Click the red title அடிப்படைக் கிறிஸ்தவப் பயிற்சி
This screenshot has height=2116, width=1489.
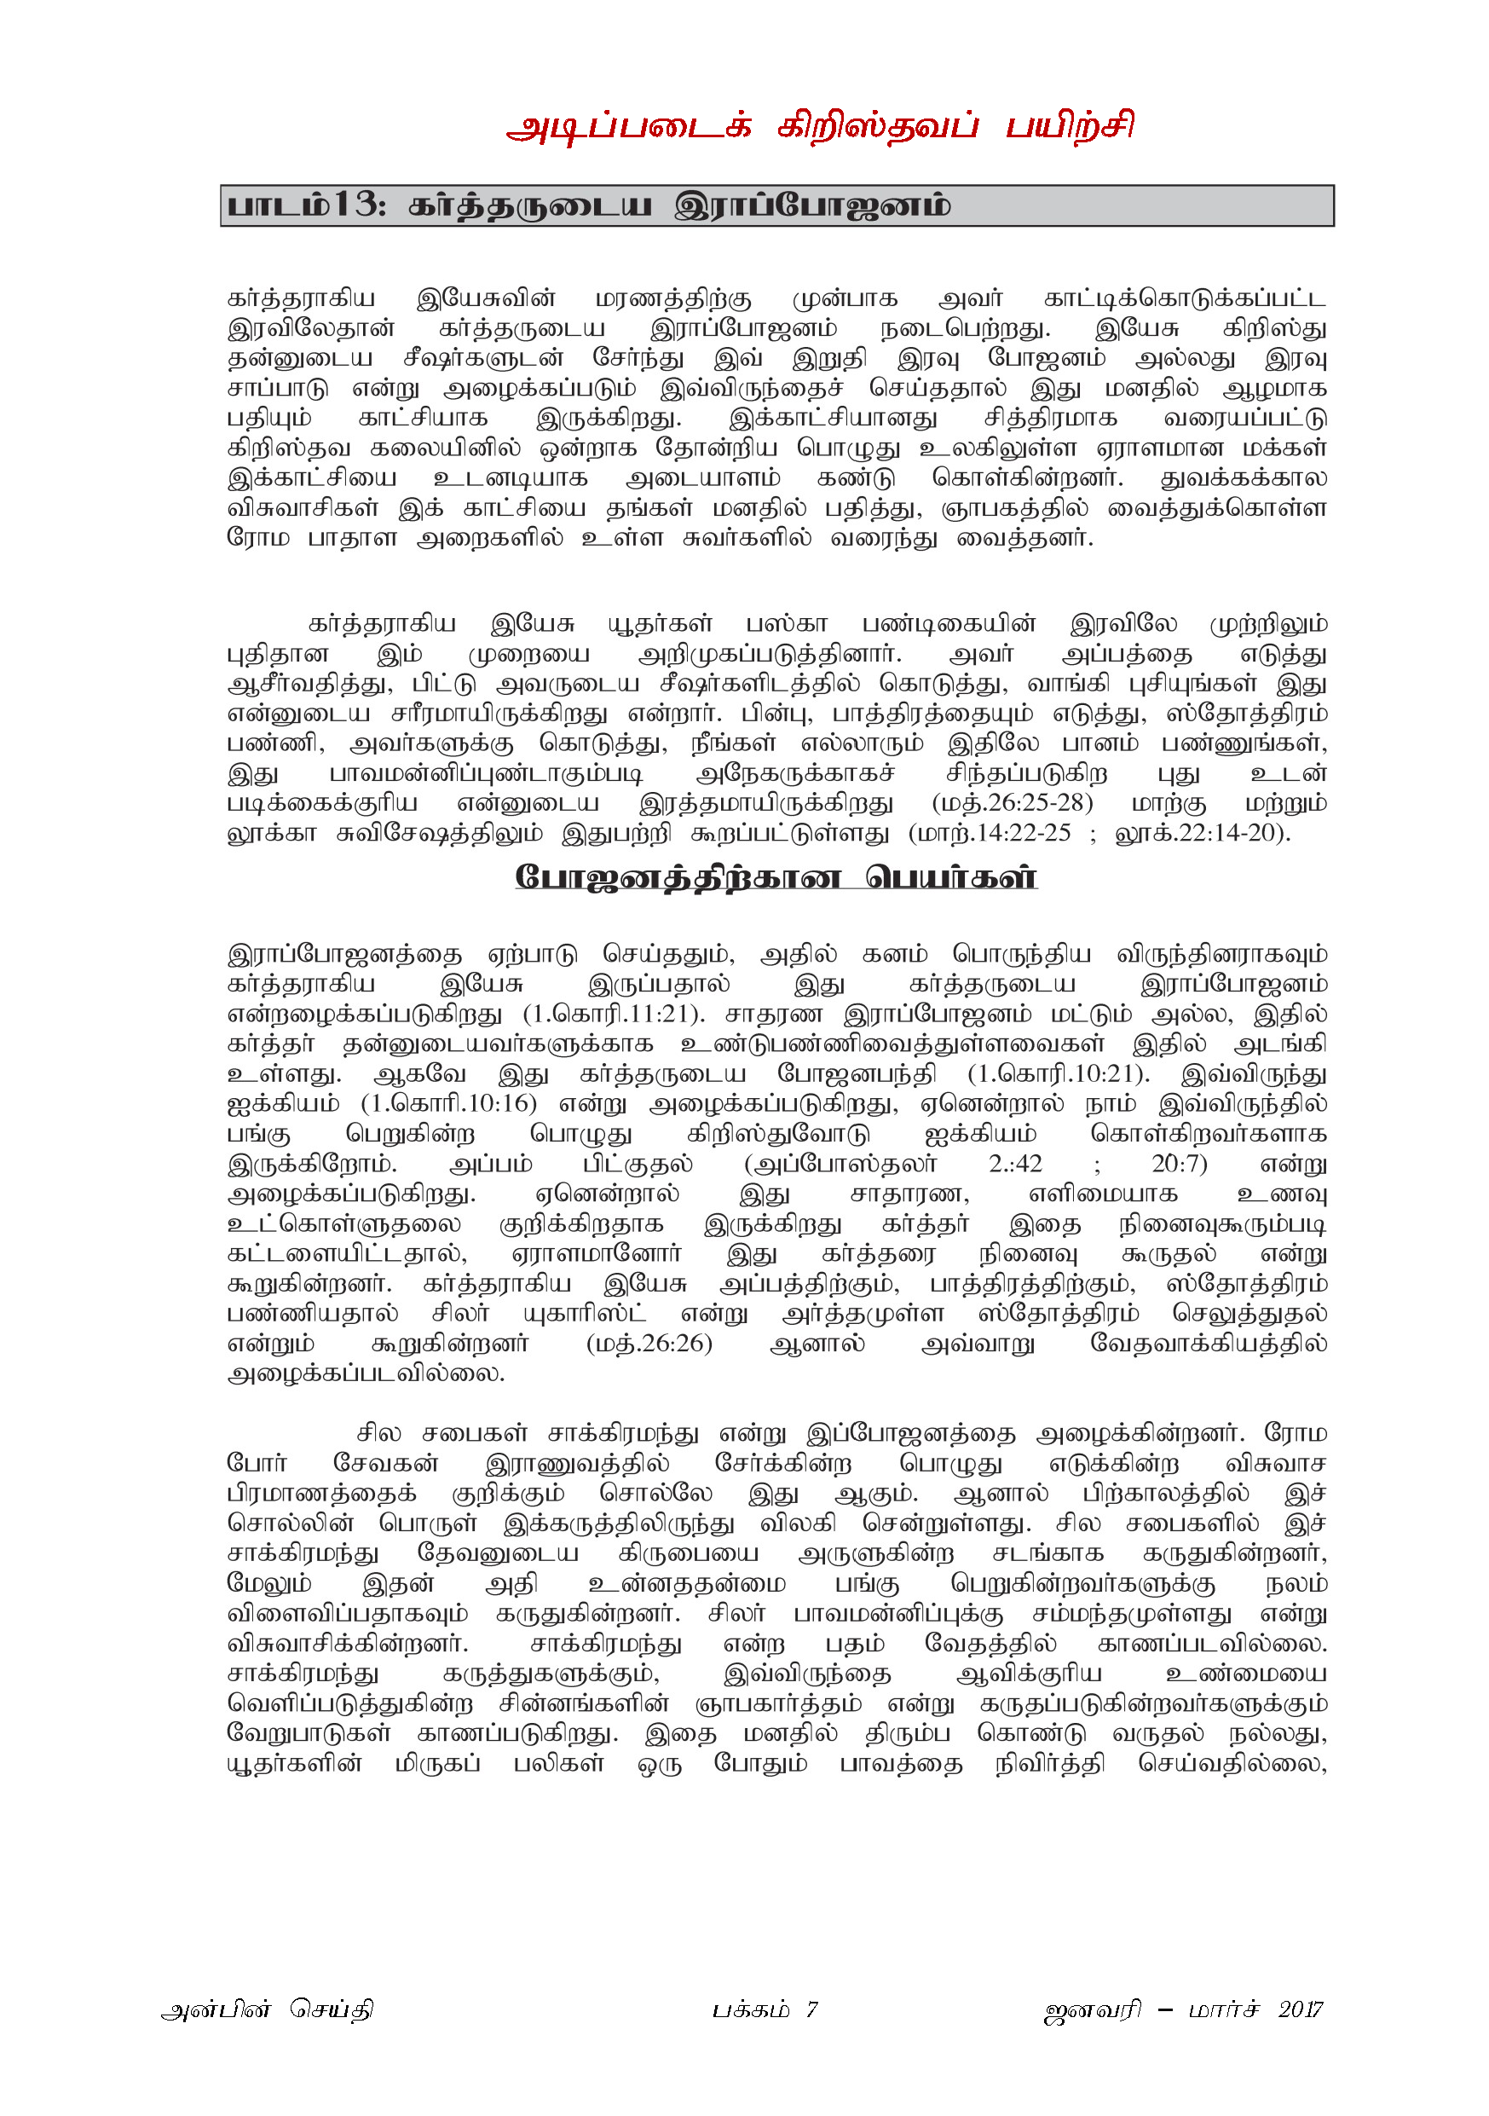819,126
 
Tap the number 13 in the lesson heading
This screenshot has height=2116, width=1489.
354,205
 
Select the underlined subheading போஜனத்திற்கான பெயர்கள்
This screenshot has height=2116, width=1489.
776,876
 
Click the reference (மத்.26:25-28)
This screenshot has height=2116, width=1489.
1012,803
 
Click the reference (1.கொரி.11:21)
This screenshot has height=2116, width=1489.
614,1014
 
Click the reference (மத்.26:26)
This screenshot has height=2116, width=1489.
649,1343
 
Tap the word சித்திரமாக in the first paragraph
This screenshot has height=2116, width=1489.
1050,419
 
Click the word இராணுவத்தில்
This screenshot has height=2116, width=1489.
577,1464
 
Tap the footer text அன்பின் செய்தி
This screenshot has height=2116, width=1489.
268,2009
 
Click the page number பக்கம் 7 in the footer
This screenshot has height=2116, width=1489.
764,2009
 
